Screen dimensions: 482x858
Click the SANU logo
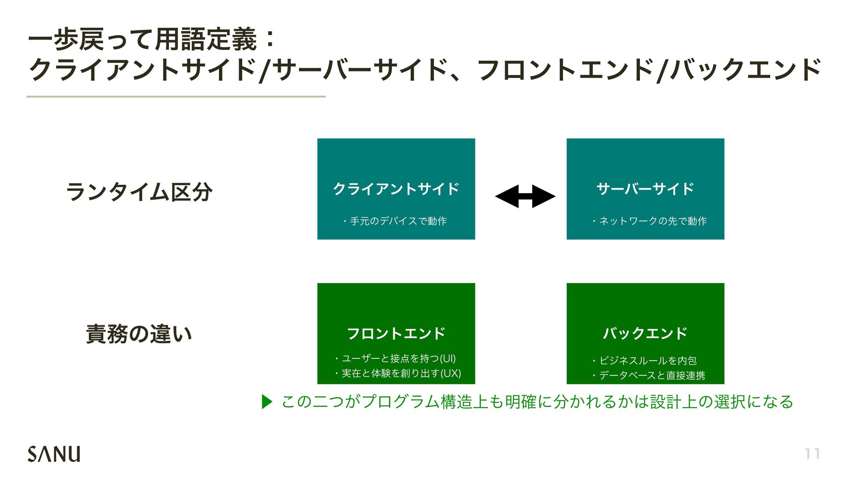(54, 453)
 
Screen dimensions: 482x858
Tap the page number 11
(812, 454)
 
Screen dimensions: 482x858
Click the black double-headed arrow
(525, 196)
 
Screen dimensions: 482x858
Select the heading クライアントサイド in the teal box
(396, 189)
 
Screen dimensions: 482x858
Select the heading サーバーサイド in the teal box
(645, 189)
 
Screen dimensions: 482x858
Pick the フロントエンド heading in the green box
(396, 333)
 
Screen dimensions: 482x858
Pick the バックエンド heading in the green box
(645, 333)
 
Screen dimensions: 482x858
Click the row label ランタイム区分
(139, 192)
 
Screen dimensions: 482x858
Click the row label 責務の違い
(139, 334)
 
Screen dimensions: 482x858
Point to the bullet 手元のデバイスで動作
(396, 221)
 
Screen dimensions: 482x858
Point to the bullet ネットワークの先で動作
(650, 221)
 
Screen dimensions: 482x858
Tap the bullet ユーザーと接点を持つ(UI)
(396, 358)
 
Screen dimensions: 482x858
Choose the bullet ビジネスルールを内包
(645, 361)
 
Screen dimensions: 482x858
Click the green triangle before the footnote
(267, 402)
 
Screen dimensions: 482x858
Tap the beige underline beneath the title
(176, 96)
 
